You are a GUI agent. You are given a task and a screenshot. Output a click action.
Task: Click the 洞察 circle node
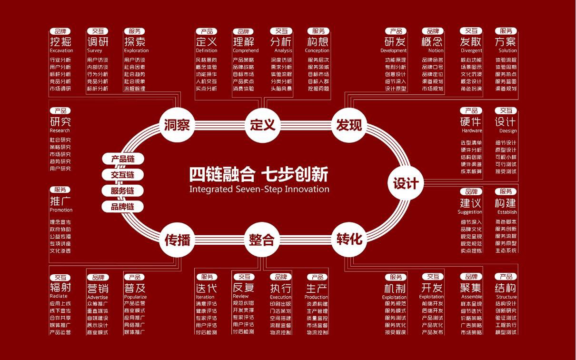(177, 125)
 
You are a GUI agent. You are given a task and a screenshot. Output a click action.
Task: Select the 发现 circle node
(349, 125)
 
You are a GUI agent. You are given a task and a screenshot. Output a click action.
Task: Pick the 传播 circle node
(177, 240)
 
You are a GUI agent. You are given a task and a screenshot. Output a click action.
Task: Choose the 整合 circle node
(262, 240)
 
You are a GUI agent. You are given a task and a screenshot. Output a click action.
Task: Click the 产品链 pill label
(123, 159)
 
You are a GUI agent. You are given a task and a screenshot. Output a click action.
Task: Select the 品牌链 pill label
(123, 207)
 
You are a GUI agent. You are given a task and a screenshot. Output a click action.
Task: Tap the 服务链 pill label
(123, 191)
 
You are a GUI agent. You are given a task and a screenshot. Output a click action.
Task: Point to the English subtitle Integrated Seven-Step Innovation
(259, 189)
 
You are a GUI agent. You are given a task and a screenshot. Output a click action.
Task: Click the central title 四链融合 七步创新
(259, 174)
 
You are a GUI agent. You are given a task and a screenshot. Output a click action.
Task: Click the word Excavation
(61, 50)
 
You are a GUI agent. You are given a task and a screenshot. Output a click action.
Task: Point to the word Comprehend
(246, 50)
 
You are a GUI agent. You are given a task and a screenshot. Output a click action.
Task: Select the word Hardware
(472, 130)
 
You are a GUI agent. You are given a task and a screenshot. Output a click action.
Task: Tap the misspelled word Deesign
(508, 130)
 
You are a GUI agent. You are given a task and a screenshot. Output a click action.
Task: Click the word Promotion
(61, 210)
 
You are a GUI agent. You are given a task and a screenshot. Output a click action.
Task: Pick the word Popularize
(135, 297)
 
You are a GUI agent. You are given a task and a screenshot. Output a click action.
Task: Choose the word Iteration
(205, 297)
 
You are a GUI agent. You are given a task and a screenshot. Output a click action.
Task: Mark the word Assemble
(471, 297)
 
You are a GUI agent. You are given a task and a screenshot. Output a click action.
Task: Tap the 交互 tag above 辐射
(60, 277)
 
